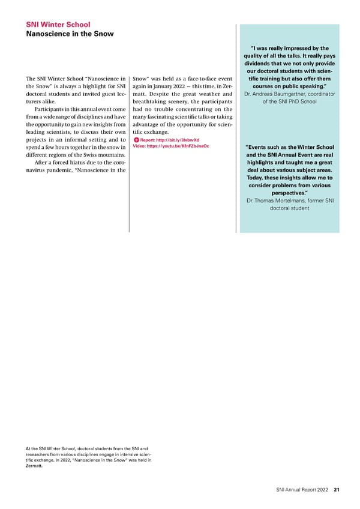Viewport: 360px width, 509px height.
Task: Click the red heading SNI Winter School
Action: coord(58,25)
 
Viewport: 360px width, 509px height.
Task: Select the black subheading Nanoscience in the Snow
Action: coord(70,34)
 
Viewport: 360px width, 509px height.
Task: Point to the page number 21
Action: coord(337,490)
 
